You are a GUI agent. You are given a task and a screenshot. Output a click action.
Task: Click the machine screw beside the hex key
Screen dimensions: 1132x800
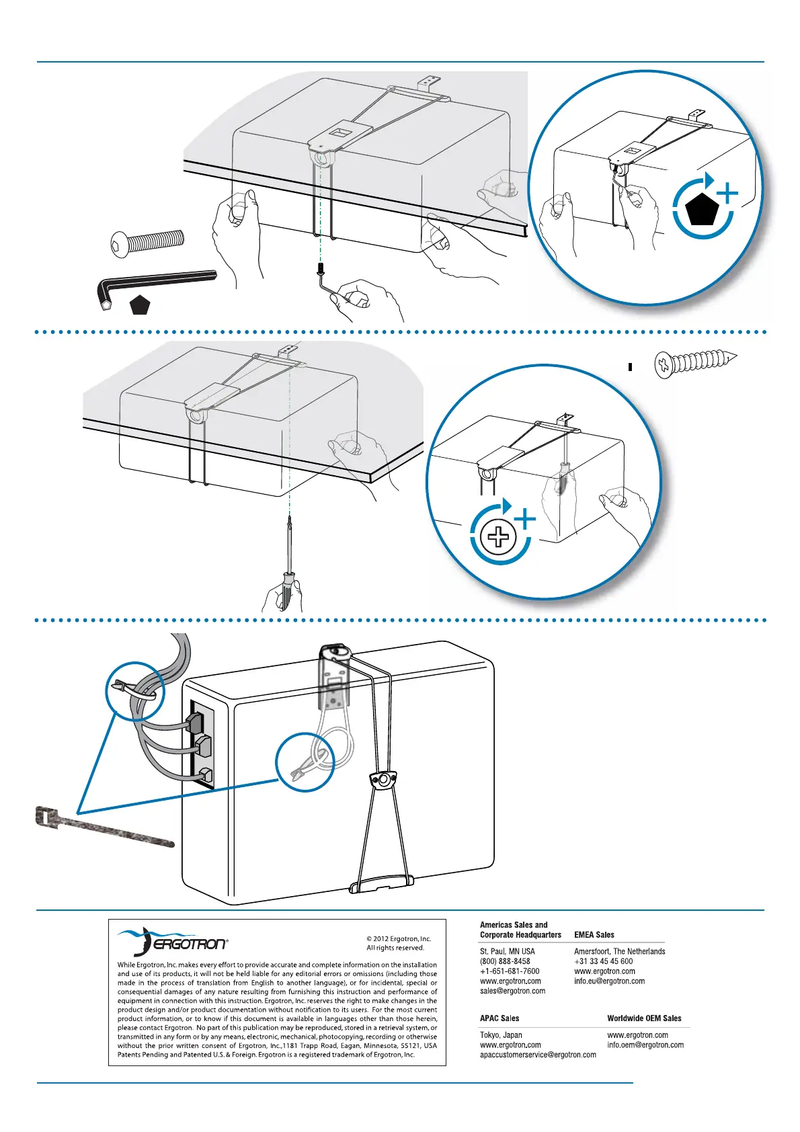tap(147, 241)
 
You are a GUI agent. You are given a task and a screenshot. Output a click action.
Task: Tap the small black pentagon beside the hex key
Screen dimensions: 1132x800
tap(140, 306)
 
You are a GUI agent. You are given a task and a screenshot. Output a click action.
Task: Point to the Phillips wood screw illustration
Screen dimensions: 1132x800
tap(695, 363)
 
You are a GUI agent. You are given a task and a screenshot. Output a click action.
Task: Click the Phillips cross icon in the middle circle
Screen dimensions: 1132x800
tap(499, 537)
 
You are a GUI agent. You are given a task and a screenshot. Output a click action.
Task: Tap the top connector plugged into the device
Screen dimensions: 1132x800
tap(195, 722)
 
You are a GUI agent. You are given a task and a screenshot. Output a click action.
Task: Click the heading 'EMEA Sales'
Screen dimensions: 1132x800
tap(594, 934)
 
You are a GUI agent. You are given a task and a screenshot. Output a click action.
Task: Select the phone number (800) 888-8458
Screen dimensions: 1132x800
tap(505, 961)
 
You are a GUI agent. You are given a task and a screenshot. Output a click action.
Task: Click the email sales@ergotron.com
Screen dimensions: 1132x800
tap(512, 991)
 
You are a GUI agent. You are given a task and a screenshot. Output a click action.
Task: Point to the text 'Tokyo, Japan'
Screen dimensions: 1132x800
tap(501, 1035)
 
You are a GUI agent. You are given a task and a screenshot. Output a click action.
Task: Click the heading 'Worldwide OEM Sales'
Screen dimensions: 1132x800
tap(644, 1018)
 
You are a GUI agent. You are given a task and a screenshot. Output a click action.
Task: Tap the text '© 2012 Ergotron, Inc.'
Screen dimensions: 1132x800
tap(399, 939)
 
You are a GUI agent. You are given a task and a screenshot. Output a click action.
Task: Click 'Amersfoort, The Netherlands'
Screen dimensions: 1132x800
tap(619, 951)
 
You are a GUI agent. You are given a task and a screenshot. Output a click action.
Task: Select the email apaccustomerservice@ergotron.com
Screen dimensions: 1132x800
tap(538, 1055)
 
